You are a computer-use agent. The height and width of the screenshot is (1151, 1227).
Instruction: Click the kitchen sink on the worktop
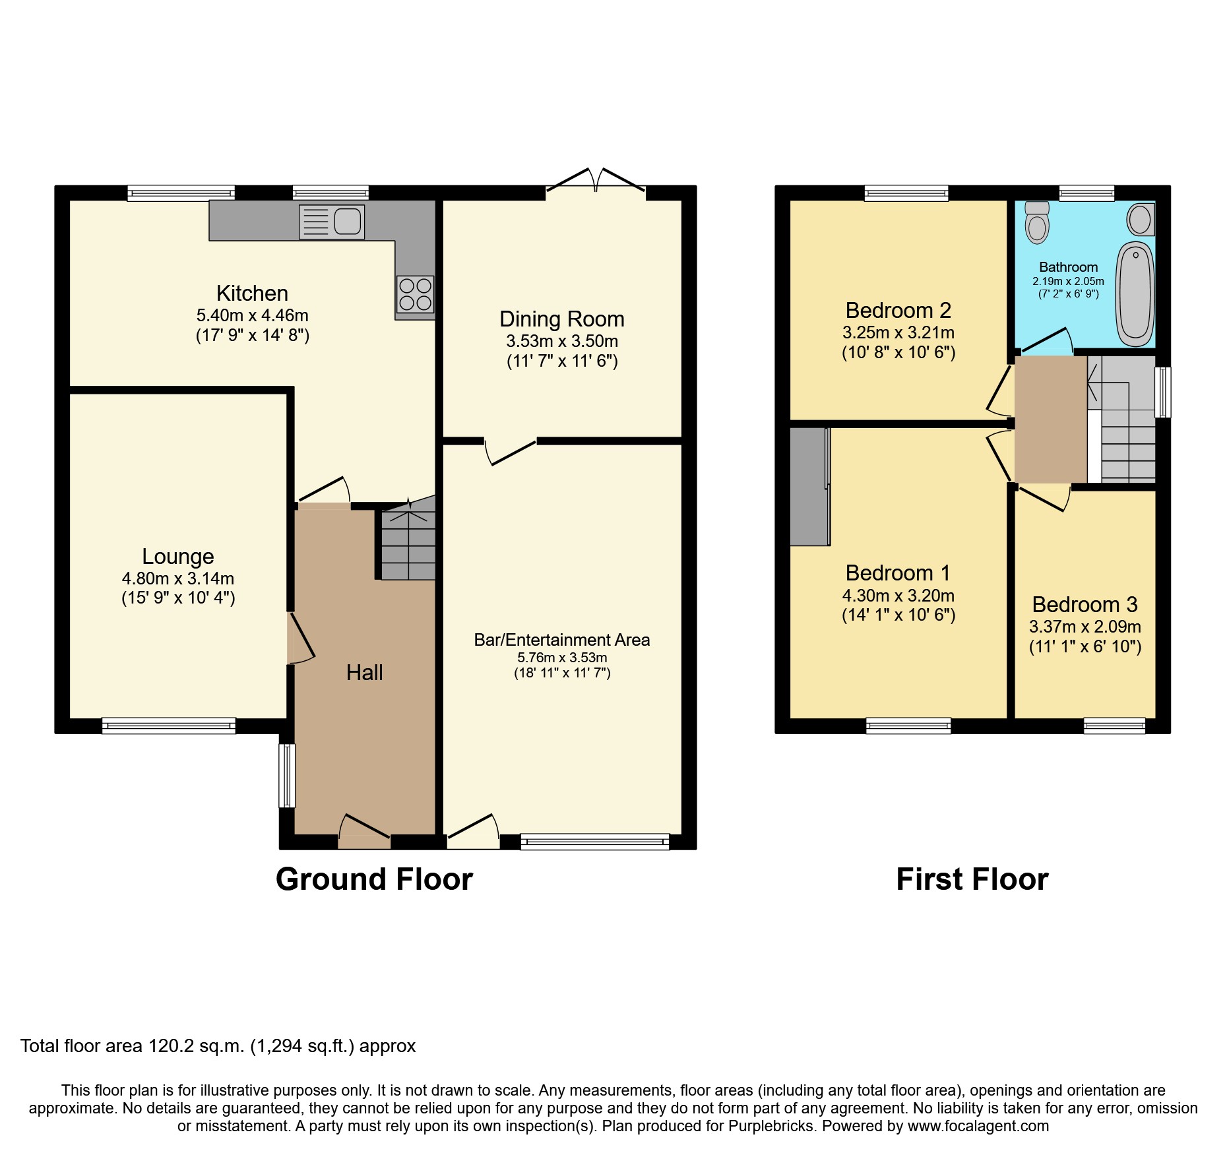332,222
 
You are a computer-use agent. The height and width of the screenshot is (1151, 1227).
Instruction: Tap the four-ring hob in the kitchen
415,294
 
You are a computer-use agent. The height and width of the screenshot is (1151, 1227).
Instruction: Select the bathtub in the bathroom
1135,294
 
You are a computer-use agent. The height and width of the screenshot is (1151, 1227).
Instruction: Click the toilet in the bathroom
1038,222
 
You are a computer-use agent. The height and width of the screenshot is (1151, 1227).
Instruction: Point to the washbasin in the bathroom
1141,220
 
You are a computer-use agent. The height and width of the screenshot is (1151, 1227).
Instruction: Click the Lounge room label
178,557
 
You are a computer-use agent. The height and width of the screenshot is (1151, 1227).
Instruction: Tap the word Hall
364,673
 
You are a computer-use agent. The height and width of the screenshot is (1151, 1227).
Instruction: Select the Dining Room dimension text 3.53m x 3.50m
562,342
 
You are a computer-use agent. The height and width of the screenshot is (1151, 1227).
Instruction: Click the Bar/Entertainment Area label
562,640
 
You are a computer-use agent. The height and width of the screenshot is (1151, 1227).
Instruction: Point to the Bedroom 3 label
1085,604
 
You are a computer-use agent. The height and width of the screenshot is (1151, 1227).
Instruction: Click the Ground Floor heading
374,879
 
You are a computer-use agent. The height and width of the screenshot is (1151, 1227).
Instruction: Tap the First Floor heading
972,879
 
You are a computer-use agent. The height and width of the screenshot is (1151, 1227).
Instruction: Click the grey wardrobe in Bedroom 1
809,487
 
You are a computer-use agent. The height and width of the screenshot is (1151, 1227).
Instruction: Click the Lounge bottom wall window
169,726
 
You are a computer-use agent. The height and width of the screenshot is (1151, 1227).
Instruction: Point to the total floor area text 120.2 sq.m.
218,1046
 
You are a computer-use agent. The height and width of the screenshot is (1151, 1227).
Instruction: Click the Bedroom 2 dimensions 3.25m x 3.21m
898,332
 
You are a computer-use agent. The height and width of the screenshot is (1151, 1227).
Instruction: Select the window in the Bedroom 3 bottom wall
1114,726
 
